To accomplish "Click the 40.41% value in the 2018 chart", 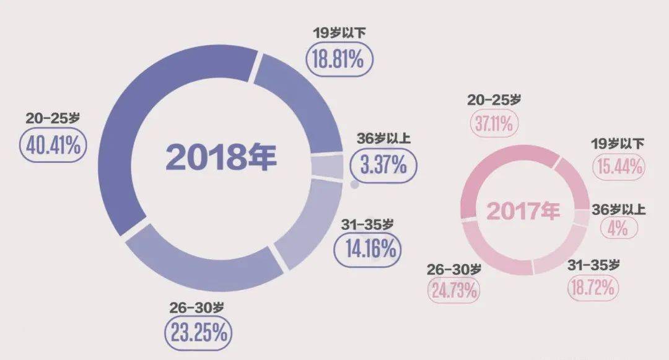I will (x=53, y=146).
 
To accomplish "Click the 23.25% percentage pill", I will (x=198, y=334).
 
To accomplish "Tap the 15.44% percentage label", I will (x=619, y=165).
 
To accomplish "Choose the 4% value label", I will (x=618, y=228).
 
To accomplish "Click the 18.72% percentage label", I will (x=592, y=288).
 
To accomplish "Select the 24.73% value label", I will (x=453, y=289).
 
